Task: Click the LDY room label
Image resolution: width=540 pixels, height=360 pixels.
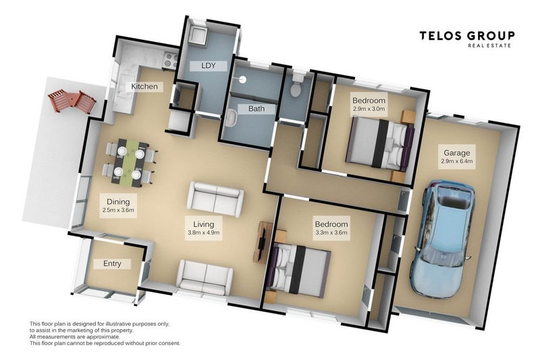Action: point(208,66)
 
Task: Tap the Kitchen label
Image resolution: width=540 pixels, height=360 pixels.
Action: point(144,86)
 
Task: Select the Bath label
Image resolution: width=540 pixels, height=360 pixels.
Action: point(256,109)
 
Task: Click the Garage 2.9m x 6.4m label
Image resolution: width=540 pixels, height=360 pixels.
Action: point(457,157)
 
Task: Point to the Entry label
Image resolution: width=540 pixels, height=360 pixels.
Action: point(112,264)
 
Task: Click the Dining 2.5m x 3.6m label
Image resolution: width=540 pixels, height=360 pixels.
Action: point(118,205)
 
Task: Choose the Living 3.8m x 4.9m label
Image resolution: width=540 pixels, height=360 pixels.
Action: point(204,228)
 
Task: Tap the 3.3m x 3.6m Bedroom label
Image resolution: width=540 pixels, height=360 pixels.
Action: point(331,228)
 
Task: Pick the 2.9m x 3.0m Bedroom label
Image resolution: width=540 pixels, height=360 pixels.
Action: point(369,104)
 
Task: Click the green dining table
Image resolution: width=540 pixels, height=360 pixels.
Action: point(130,163)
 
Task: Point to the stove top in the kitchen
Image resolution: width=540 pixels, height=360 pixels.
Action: point(171,61)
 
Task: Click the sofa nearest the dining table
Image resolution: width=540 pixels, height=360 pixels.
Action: point(215,199)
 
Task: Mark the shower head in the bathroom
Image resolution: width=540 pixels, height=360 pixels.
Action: point(242,79)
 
